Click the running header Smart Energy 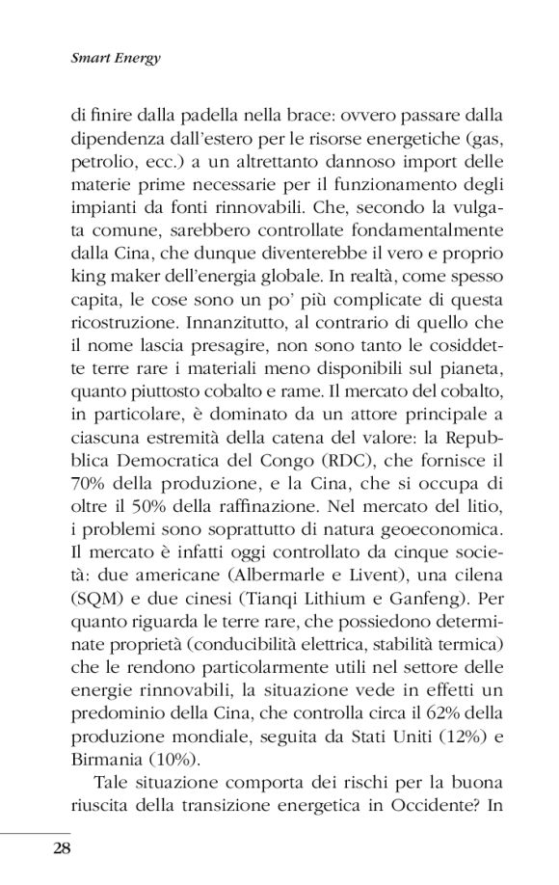[x=115, y=58]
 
